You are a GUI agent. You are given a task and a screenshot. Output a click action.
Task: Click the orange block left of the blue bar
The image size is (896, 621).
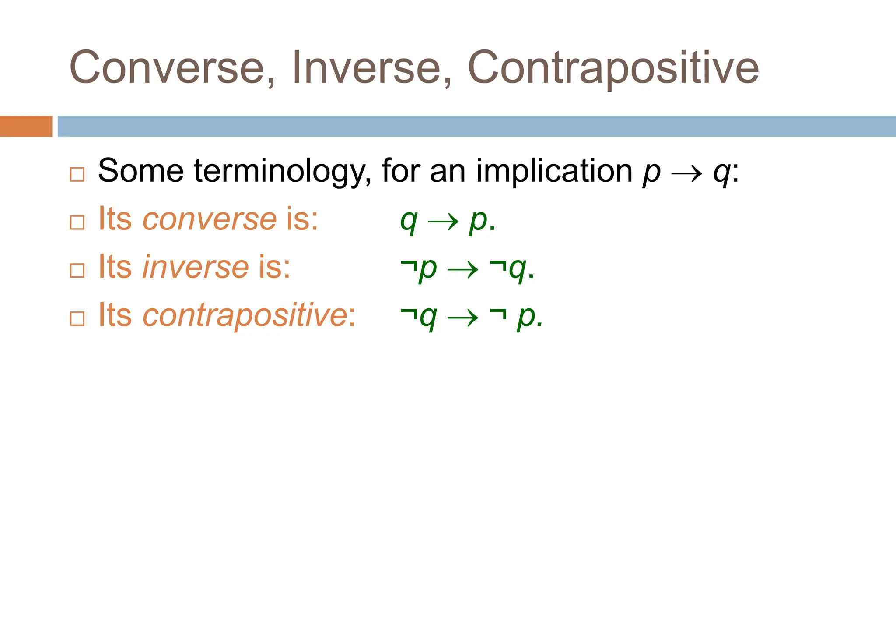pyautogui.click(x=26, y=126)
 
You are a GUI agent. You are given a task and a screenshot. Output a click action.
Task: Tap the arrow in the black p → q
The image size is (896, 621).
pyautogui.click(x=686, y=174)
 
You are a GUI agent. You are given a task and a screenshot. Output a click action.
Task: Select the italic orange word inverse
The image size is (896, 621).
pyautogui.click(x=196, y=267)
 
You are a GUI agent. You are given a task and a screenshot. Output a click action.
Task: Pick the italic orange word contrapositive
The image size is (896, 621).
pyautogui.click(x=245, y=315)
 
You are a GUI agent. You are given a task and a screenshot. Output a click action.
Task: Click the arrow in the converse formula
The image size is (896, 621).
pyautogui.click(x=443, y=222)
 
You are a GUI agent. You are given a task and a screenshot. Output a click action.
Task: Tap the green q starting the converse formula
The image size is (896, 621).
pyautogui.click(x=409, y=222)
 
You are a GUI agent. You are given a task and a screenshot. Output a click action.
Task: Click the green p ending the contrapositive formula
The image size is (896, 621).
pyautogui.click(x=526, y=317)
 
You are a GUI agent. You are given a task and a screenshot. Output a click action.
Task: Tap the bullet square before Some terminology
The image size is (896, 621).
pyautogui.click(x=77, y=175)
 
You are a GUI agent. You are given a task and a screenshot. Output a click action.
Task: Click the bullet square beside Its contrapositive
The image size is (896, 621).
pyautogui.click(x=77, y=319)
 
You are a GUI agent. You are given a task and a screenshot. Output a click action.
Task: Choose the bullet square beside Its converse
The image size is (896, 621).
pyautogui.click(x=77, y=222)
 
